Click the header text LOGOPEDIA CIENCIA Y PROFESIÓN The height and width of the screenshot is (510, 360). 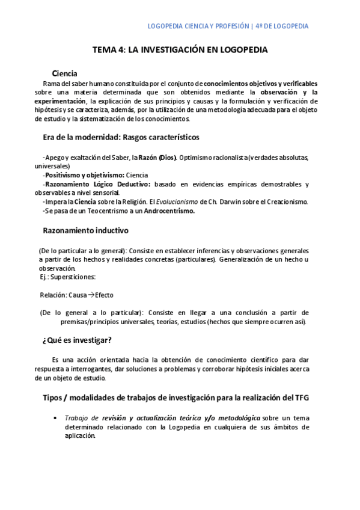coord(198,26)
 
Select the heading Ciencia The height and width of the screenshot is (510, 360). coord(64,73)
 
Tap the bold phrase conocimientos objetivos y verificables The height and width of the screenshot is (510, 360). coord(261,84)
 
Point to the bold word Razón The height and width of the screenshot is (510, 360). coord(148,158)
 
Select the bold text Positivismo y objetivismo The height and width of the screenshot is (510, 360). coord(80,175)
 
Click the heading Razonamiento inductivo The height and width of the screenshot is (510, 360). coord(85,231)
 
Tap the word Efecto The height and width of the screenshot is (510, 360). coord(104,295)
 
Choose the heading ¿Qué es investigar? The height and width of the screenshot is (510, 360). coord(77,340)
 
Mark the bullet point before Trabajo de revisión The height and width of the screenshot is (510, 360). coord(55,418)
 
